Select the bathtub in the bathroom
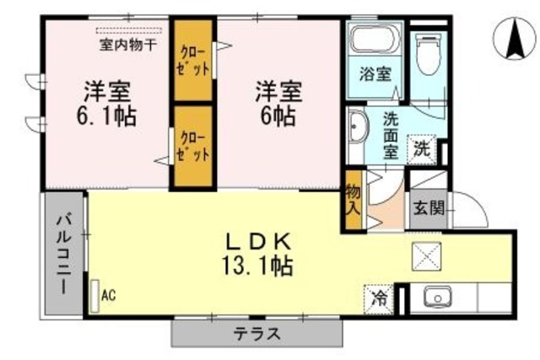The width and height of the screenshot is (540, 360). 373,39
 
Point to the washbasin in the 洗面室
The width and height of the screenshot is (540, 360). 355,127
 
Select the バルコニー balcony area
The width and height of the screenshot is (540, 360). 62,254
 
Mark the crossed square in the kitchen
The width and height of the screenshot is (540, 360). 427,255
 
